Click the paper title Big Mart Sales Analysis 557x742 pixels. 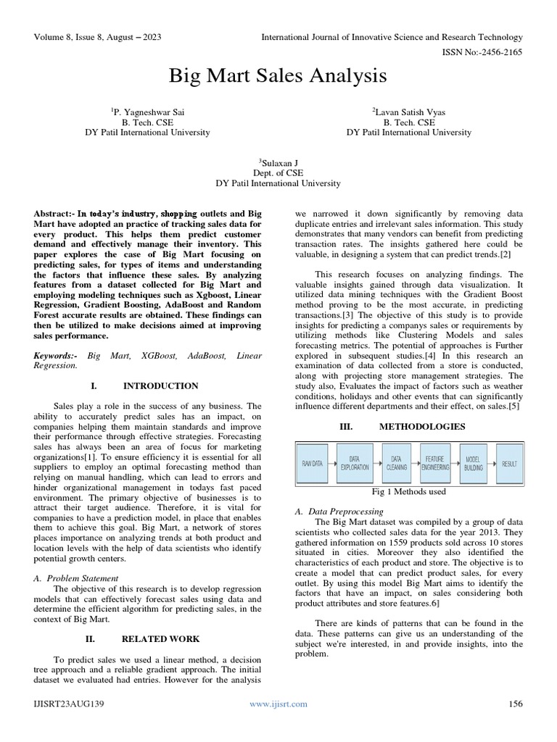pyautogui.click(x=278, y=76)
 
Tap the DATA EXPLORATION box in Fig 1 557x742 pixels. pyautogui.click(x=355, y=463)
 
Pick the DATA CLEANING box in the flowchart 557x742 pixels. pyautogui.click(x=397, y=463)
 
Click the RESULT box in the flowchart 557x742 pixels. pyautogui.click(x=510, y=463)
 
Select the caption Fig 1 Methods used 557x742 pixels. pyautogui.click(x=409, y=492)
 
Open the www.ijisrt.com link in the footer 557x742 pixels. pyautogui.click(x=278, y=704)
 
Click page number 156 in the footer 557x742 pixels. pyautogui.click(x=516, y=704)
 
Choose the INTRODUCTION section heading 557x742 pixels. pyautogui.click(x=160, y=386)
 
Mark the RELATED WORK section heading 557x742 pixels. pyautogui.click(x=160, y=639)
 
